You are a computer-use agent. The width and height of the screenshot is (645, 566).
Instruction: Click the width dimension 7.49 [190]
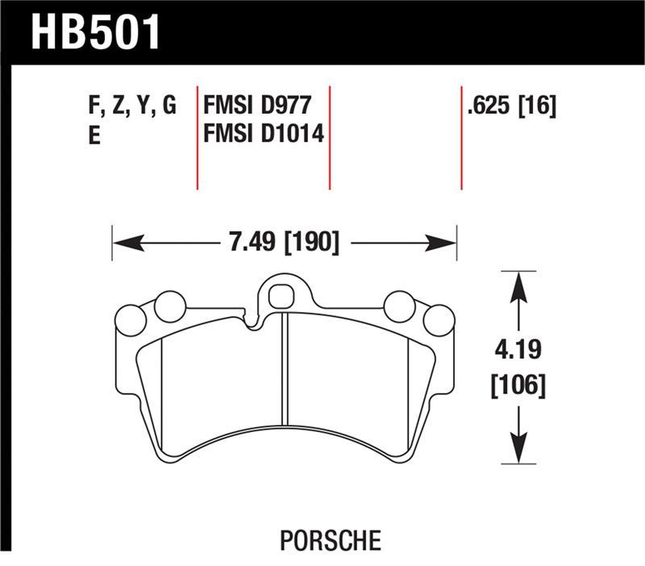[x=283, y=242]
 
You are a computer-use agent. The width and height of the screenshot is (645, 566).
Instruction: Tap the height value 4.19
[x=518, y=352]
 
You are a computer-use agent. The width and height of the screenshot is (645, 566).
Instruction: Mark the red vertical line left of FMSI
[x=198, y=135]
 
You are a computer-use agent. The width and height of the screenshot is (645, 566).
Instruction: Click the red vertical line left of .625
[x=461, y=135]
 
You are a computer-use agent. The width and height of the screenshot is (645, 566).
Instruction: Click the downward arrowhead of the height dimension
[x=518, y=452]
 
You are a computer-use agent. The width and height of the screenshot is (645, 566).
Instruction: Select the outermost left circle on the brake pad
[x=131, y=320]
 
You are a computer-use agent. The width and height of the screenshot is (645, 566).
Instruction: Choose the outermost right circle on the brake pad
[x=439, y=320]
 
